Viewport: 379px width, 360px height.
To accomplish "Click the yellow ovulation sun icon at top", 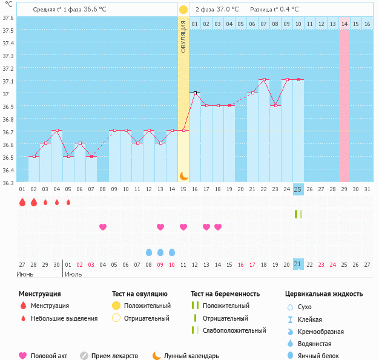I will click(183, 10).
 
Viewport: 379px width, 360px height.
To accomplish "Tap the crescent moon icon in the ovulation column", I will click(183, 175).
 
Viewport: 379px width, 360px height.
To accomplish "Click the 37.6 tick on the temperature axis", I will click(8, 18).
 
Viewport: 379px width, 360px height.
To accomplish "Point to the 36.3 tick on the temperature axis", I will click(8, 182).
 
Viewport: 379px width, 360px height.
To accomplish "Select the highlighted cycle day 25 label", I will click(298, 189).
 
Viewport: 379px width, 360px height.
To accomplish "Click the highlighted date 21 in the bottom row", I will click(298, 264).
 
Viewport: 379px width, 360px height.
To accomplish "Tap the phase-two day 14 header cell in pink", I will click(344, 24).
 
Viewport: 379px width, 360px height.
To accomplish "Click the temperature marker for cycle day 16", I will click(195, 93).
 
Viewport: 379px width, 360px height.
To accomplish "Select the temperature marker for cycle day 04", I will click(57, 131).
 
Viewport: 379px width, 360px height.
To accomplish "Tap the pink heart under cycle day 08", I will click(103, 227).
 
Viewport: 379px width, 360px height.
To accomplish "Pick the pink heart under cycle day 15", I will click(183, 227).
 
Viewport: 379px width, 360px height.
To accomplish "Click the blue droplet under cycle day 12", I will click(149, 252).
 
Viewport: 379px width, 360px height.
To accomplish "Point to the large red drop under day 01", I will click(22, 202).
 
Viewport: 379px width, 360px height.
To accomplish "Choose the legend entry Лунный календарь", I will click(191, 356).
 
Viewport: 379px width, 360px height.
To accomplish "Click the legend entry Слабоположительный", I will click(234, 330).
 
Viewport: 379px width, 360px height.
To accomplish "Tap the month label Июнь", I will click(25, 274).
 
